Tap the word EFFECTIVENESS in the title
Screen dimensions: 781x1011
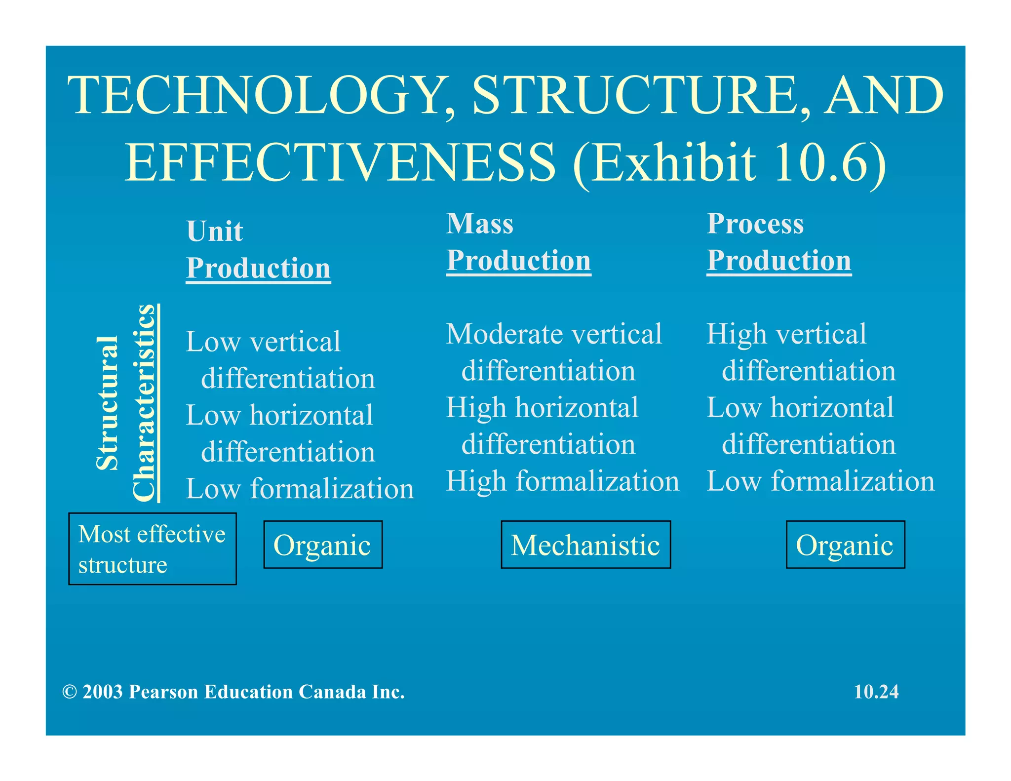pyautogui.click(x=340, y=163)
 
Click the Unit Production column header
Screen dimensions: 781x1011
pyautogui.click(x=258, y=250)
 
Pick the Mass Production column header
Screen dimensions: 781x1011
pyautogui.click(x=518, y=242)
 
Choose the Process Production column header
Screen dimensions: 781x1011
pyautogui.click(x=778, y=242)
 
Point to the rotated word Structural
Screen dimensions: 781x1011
pyautogui.click(x=107, y=403)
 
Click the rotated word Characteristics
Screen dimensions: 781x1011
pyautogui.click(x=144, y=403)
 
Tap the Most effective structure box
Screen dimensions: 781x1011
pyautogui.click(x=152, y=549)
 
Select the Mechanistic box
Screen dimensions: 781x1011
pyautogui.click(x=585, y=545)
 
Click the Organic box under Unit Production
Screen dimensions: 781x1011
pyautogui.click(x=323, y=545)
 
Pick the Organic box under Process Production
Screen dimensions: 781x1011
pyautogui.click(x=845, y=545)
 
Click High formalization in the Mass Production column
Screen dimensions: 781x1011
pyautogui.click(x=562, y=481)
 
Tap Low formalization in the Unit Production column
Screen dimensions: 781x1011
pyautogui.click(x=300, y=489)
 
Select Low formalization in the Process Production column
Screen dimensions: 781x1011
pyautogui.click(x=820, y=481)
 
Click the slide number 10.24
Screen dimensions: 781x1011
pyautogui.click(x=876, y=692)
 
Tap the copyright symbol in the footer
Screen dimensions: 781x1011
pyautogui.click(x=70, y=692)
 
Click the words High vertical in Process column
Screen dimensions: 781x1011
pyautogui.click(x=786, y=334)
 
